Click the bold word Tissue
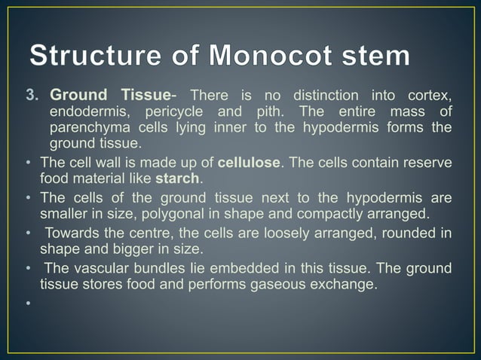coord(146,96)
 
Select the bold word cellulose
coord(249,163)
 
